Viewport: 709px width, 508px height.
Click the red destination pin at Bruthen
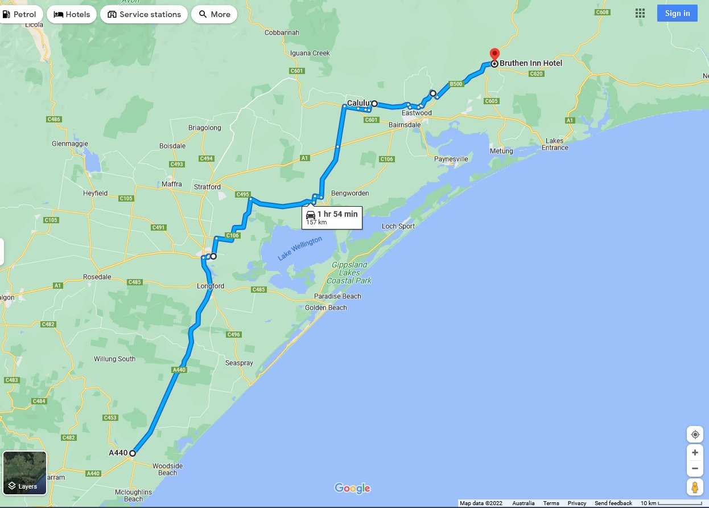click(x=494, y=54)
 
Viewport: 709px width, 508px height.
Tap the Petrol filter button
click(x=20, y=14)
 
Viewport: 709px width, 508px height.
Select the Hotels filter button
click(x=72, y=14)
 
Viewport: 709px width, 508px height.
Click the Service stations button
click(x=144, y=14)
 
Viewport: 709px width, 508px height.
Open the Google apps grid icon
click(x=640, y=14)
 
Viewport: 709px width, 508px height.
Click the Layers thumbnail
click(x=24, y=473)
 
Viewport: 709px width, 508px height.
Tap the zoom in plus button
click(x=695, y=453)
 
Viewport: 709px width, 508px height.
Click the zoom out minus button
click(x=695, y=469)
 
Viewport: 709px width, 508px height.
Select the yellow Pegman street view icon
click(x=695, y=487)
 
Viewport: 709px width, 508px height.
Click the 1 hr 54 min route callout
click(x=332, y=217)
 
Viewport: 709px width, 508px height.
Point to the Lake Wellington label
click(x=300, y=249)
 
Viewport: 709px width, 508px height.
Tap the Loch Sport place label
click(x=398, y=226)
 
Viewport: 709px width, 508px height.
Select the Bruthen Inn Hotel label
click(x=531, y=63)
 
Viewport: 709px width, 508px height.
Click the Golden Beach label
click(x=325, y=308)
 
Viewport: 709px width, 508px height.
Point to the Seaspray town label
click(x=239, y=363)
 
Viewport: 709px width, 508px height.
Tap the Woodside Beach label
click(x=168, y=469)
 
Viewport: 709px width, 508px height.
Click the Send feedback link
click(x=613, y=503)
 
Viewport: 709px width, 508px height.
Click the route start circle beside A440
click(x=132, y=453)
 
